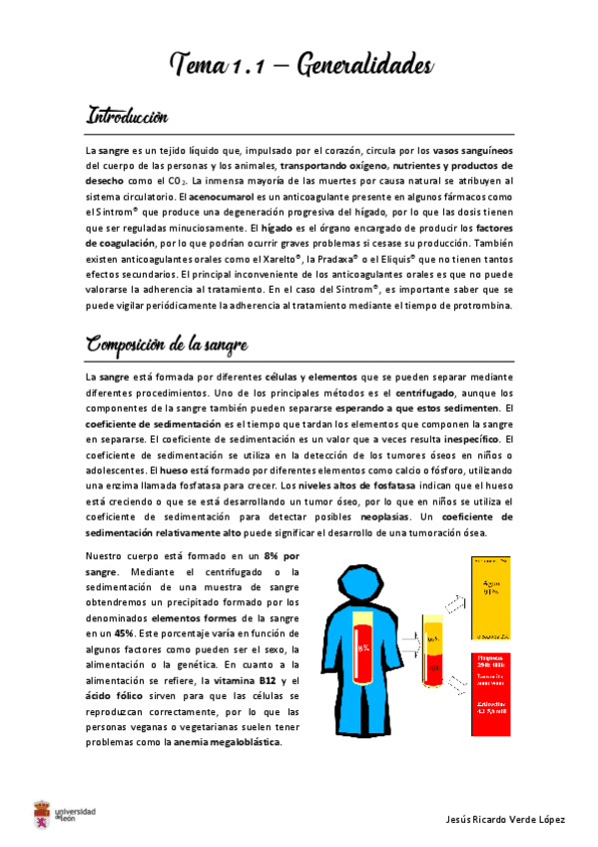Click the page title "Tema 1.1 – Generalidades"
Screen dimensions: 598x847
point(299,66)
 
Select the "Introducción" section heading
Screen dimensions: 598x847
point(128,115)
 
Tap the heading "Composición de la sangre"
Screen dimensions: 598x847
point(167,345)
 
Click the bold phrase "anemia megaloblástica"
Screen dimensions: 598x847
point(226,741)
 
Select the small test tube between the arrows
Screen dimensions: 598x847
point(433,650)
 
